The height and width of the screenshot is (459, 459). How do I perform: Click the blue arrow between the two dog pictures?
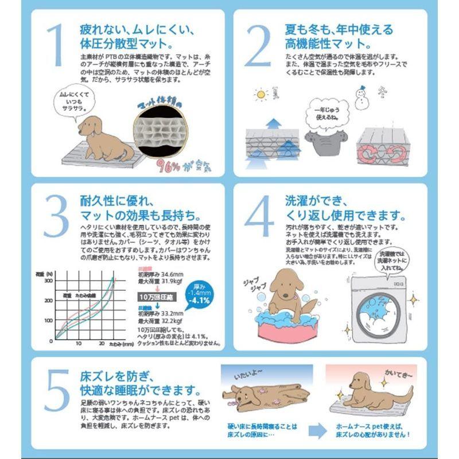pos(315,431)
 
